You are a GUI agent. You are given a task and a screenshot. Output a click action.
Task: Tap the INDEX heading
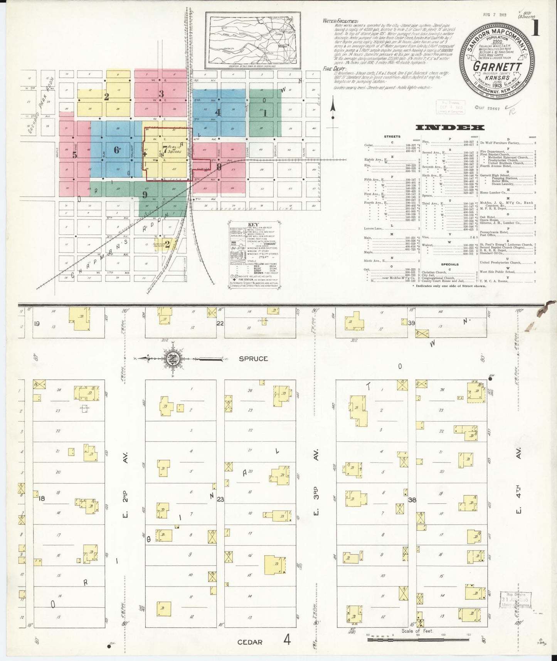pyautogui.click(x=450, y=128)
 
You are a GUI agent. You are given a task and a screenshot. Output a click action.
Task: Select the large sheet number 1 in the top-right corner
pyautogui.click(x=535, y=28)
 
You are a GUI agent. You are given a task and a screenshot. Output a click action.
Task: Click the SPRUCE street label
pyautogui.click(x=253, y=359)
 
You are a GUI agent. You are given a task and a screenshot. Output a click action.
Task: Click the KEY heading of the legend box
pyautogui.click(x=253, y=224)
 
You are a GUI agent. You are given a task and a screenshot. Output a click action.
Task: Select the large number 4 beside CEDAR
pyautogui.click(x=287, y=640)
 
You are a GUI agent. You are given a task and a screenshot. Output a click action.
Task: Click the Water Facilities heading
pyautogui.click(x=341, y=21)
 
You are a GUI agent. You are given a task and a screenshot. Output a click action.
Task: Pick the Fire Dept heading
pyautogui.click(x=332, y=68)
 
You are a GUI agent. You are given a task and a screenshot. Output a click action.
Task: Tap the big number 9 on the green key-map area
pyautogui.click(x=145, y=194)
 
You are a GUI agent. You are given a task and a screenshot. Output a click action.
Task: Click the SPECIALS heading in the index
pyautogui.click(x=450, y=264)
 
